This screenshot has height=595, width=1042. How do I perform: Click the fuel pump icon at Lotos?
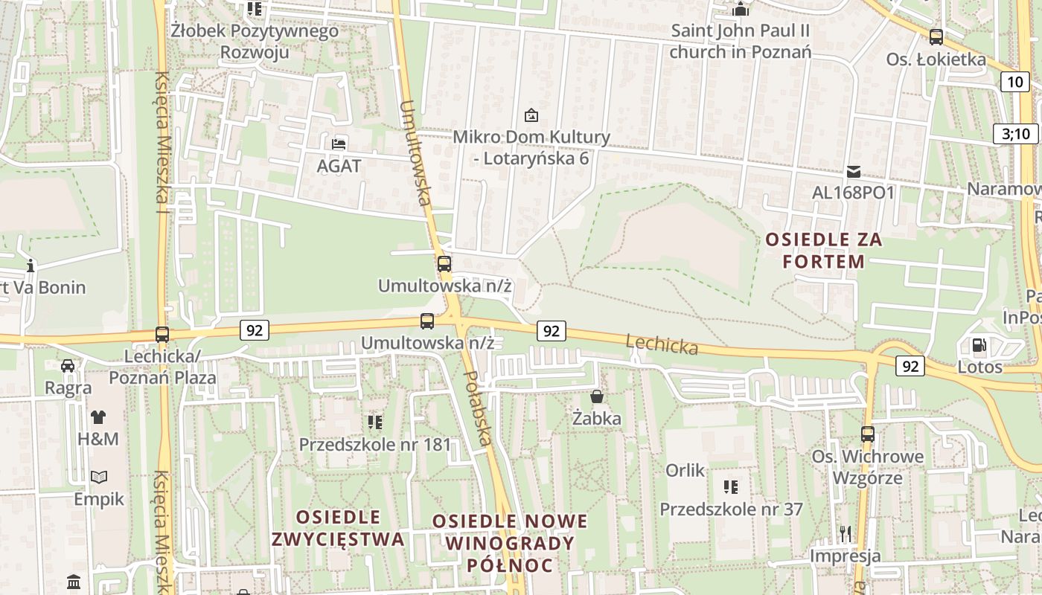click(x=978, y=345)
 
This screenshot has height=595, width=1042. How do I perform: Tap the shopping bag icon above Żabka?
click(x=596, y=396)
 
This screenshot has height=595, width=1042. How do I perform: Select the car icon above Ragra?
click(x=68, y=365)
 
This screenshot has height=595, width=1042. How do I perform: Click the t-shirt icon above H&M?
click(x=98, y=416)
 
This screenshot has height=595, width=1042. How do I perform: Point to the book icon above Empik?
click(x=98, y=477)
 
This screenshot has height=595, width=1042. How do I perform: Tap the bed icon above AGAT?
click(x=339, y=144)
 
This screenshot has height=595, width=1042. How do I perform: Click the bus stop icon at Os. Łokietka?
click(x=936, y=36)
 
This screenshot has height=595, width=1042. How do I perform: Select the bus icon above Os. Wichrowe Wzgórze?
click(x=867, y=434)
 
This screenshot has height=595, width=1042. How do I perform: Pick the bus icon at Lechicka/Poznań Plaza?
click(x=162, y=335)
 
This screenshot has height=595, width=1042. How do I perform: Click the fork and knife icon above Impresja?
click(x=845, y=533)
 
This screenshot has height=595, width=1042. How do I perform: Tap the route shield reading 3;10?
click(x=1015, y=134)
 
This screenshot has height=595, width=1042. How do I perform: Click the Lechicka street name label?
click(x=662, y=344)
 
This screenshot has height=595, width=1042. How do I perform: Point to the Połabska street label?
click(x=477, y=408)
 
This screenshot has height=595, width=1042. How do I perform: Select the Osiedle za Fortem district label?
click(x=823, y=251)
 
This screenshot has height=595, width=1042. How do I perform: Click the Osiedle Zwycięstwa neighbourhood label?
click(x=338, y=528)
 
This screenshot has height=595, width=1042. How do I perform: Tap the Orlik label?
click(x=685, y=470)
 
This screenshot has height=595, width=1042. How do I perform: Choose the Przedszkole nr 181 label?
click(x=374, y=445)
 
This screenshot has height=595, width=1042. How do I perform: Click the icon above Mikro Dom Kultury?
click(x=531, y=115)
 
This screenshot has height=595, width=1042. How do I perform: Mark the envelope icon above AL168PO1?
click(x=853, y=172)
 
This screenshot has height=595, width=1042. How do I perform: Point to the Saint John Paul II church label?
click(x=740, y=42)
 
